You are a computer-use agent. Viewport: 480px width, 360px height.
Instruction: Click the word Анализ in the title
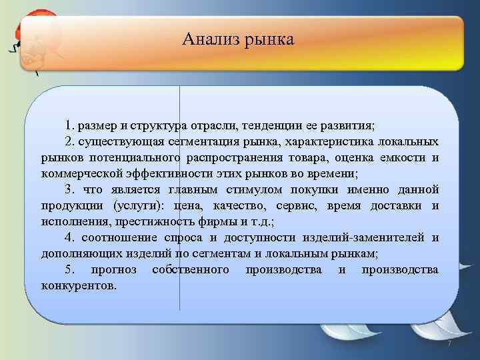click(205, 40)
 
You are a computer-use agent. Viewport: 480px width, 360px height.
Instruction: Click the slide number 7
click(449, 343)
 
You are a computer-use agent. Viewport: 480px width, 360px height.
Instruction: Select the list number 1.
click(69, 125)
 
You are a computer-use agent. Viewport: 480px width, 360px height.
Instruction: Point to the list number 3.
click(69, 189)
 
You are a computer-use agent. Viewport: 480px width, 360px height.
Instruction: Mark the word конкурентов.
click(79, 285)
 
